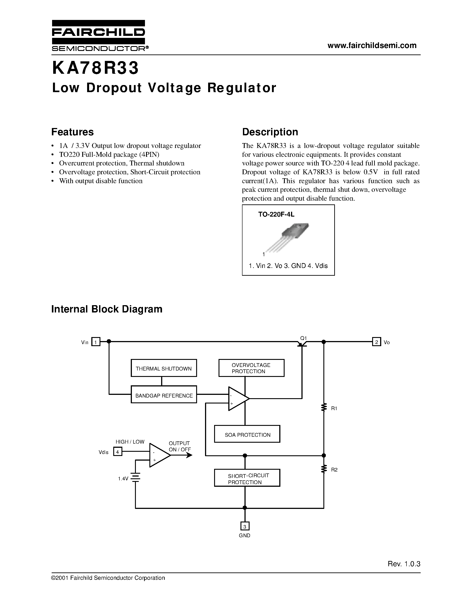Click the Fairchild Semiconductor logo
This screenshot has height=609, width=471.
tap(98, 35)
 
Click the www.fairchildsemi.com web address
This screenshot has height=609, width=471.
tap(372, 45)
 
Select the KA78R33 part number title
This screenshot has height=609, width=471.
tap(95, 68)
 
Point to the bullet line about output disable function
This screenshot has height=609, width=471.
tap(100, 181)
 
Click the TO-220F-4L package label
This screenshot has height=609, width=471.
tap(276, 214)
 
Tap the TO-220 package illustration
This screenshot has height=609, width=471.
tap(289, 237)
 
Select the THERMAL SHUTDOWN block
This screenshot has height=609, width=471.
tap(164, 368)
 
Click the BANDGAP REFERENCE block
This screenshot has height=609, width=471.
tap(164, 395)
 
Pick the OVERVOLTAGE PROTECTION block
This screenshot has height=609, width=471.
tap(251, 368)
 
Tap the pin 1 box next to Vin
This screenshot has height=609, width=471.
tap(96, 342)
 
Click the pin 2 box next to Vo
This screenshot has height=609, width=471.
tap(376, 342)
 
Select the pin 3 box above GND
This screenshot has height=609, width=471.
tap(245, 526)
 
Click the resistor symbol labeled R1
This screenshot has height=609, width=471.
tap(324, 408)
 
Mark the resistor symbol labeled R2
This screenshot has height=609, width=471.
tap(324, 469)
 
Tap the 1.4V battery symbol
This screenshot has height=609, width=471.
tap(135, 478)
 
